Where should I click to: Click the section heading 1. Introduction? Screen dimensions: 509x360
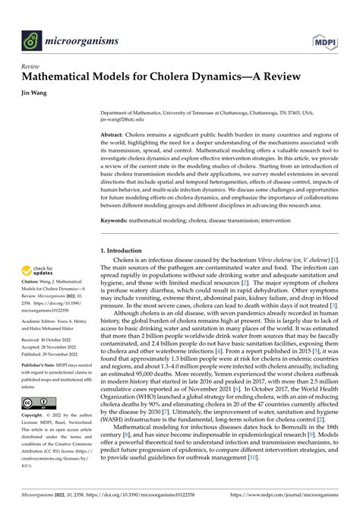(x=125, y=251)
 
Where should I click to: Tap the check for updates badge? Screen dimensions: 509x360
(x=39, y=270)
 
